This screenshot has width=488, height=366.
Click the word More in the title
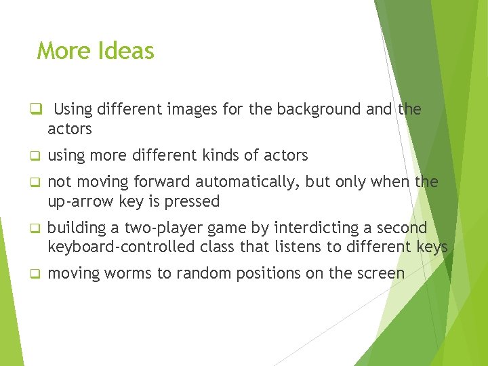point(64,51)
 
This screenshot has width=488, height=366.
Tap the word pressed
point(195,201)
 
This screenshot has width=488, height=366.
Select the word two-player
point(157,228)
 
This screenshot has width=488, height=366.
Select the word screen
point(382,274)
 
